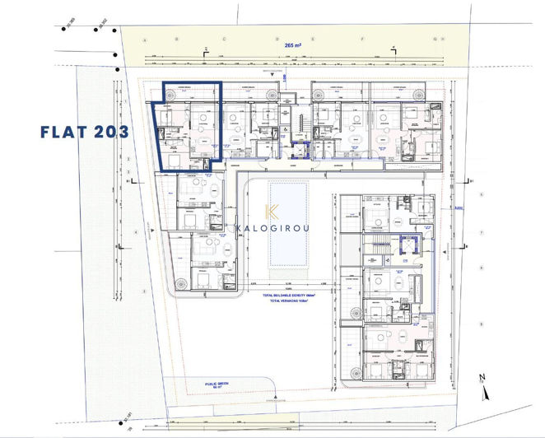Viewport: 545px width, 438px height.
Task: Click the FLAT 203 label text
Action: (85, 131)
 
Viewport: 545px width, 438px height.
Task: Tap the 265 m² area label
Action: (295, 47)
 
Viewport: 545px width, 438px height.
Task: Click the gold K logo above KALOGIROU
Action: (274, 212)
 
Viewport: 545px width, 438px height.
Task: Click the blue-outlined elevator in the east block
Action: (405, 245)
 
